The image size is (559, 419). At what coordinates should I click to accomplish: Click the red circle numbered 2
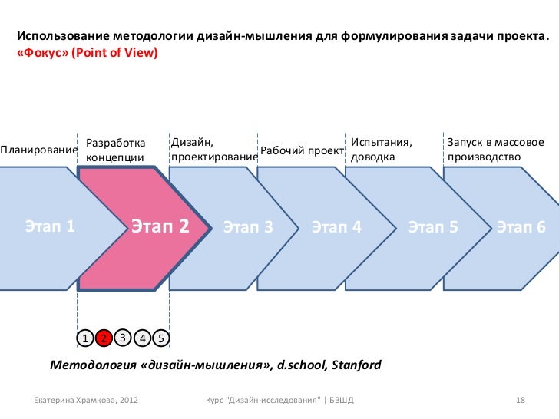[x=104, y=338]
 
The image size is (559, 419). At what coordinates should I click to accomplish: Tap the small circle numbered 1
[x=85, y=338]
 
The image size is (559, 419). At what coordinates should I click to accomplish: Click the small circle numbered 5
[x=161, y=338]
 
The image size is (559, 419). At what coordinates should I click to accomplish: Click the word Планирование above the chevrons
[x=39, y=150]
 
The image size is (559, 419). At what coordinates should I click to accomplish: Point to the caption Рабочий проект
[x=302, y=150]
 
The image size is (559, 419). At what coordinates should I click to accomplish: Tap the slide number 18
[x=520, y=401]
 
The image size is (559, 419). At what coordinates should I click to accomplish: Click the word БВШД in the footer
[x=342, y=401]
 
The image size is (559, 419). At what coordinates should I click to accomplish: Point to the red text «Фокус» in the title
[x=41, y=53]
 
